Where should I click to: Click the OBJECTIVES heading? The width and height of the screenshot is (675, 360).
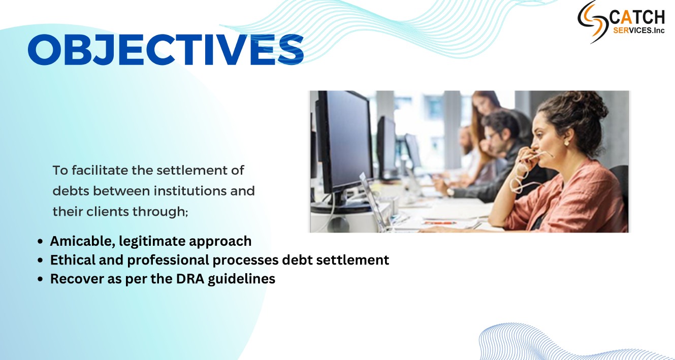point(166,50)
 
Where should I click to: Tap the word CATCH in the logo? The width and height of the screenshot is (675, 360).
point(637,17)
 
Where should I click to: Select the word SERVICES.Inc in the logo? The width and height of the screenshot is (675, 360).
point(639,30)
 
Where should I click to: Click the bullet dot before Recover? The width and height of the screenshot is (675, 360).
point(40,279)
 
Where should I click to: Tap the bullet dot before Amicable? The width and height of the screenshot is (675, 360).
point(40,242)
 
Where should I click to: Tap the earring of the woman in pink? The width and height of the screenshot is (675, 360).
point(566,143)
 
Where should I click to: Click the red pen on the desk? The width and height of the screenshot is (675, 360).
point(440,223)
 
